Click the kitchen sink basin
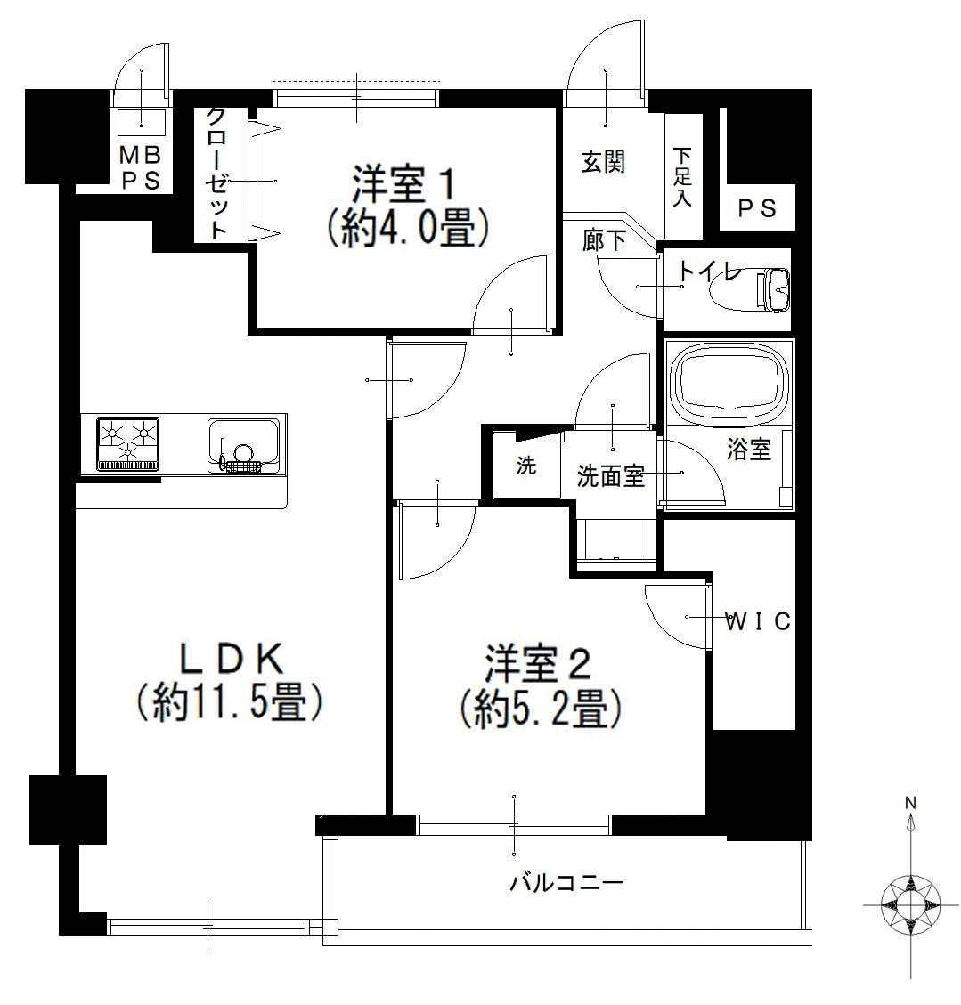244,446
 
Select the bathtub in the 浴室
729,381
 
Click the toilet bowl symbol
750,289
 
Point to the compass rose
910,904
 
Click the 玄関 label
603,162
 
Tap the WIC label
757,621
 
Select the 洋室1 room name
404,184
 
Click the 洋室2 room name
537,665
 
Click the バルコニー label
566,884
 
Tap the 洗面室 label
610,475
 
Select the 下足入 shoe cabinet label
682,177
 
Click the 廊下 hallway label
604,241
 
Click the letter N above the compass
910,802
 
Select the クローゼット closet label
216,174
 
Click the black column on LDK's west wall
68,810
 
